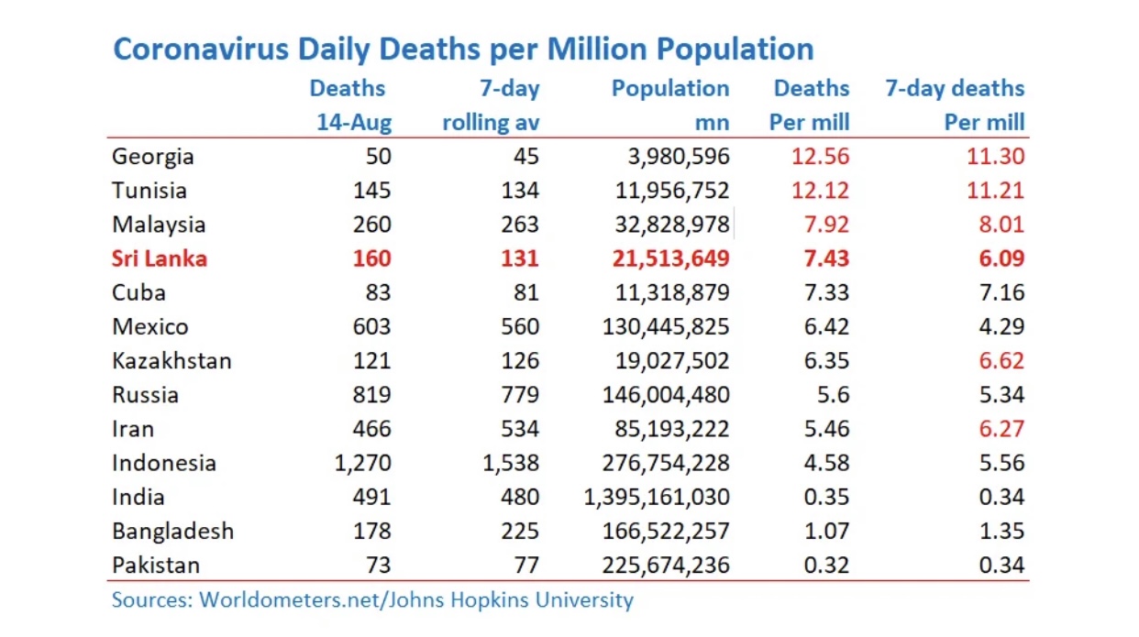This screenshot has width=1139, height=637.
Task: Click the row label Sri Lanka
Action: point(160,258)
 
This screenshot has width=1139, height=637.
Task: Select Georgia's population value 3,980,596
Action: point(679,157)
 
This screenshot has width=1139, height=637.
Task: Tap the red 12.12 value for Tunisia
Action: point(820,191)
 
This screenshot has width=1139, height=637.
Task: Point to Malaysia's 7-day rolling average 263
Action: point(520,225)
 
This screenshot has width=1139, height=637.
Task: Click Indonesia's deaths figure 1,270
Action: point(362,463)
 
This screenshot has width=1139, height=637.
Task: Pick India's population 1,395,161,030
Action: point(657,497)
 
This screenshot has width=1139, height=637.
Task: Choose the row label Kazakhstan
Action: point(171,360)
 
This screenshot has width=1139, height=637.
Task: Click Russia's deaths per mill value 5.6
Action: point(833,394)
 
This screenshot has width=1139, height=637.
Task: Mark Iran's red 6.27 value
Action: point(1001,429)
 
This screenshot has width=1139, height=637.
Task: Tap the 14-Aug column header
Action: point(354,123)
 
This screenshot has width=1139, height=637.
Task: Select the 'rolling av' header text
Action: point(491,123)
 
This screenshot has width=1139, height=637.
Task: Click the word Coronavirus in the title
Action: point(201,49)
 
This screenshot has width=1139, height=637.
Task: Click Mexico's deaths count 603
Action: point(371,326)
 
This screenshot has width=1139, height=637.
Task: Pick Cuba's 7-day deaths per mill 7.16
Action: point(1001,292)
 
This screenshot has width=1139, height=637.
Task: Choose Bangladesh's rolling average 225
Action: point(520,531)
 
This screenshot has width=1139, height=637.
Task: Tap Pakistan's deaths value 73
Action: point(379,565)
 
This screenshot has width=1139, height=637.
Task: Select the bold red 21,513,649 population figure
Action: point(670,258)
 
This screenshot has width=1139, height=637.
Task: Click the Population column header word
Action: point(670,89)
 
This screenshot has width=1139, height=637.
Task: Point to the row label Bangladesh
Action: point(173,531)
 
